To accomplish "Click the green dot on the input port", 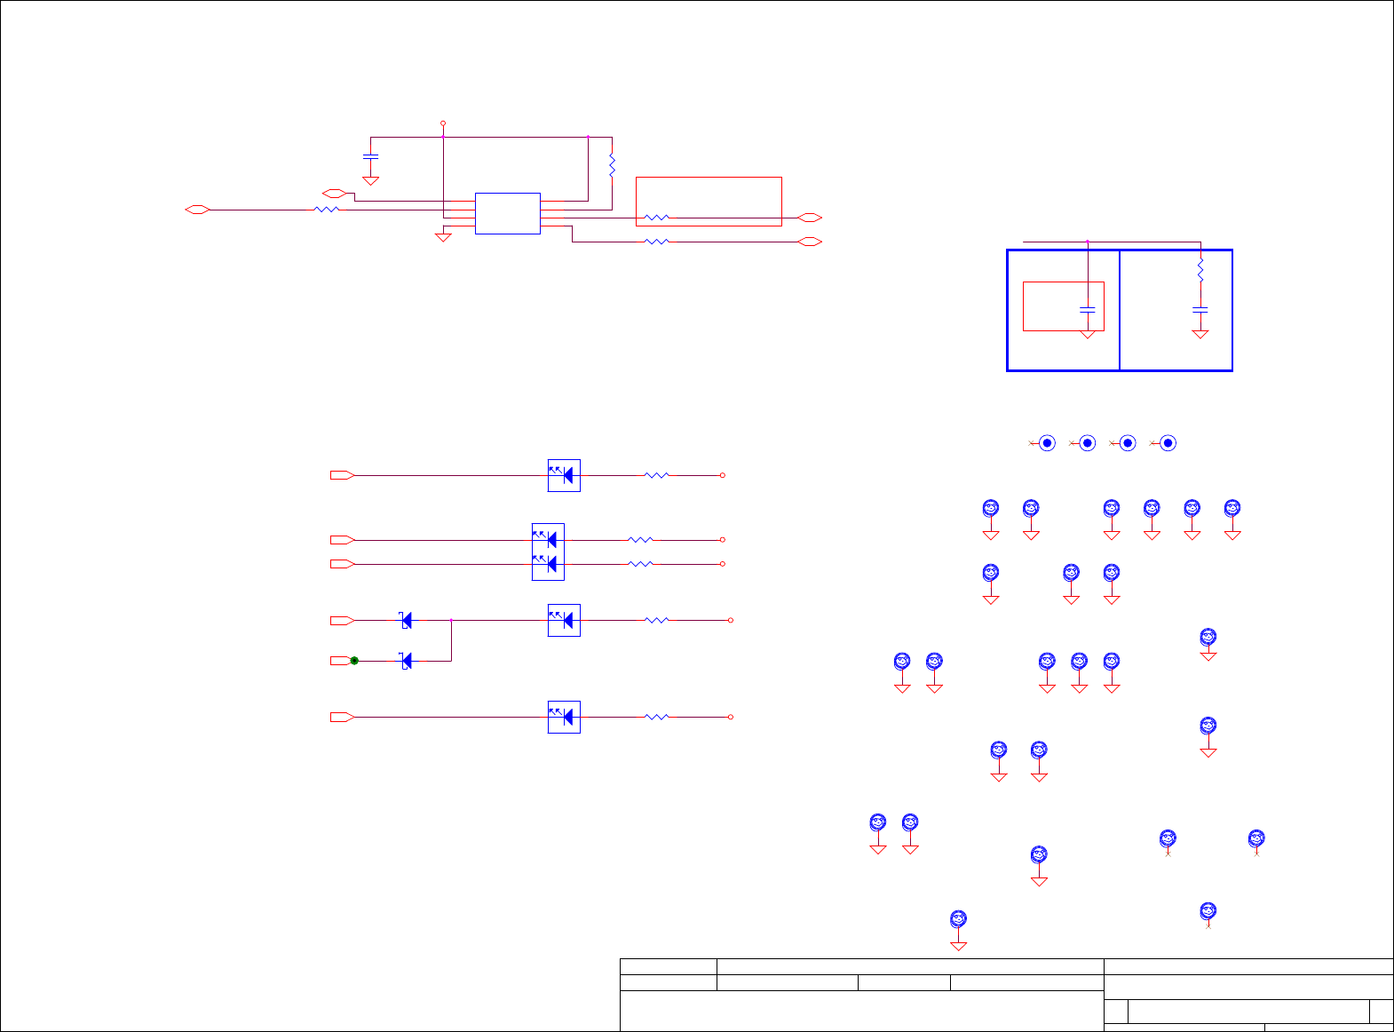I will click(354, 661).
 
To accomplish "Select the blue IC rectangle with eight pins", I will click(507, 213).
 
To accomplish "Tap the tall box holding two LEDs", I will click(548, 552).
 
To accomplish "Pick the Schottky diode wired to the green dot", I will click(407, 661).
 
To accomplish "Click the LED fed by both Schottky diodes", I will click(564, 621).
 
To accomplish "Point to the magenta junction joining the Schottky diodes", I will click(451, 620).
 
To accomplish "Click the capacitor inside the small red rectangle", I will click(1087, 309).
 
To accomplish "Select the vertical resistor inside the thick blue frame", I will click(1200, 269).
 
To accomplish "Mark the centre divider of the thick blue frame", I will click(1120, 310).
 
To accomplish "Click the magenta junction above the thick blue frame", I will click(1087, 241).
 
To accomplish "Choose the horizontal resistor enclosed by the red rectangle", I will click(656, 218).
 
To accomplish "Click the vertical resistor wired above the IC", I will click(612, 164).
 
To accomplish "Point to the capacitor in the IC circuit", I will click(371, 156).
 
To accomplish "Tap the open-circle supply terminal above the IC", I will click(443, 123).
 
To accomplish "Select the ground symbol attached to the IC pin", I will click(443, 236).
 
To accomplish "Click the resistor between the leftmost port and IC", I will click(327, 210).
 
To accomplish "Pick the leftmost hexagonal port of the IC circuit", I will click(197, 210).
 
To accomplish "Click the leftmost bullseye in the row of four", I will click(1047, 443).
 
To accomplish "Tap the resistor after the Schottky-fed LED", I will click(656, 621).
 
